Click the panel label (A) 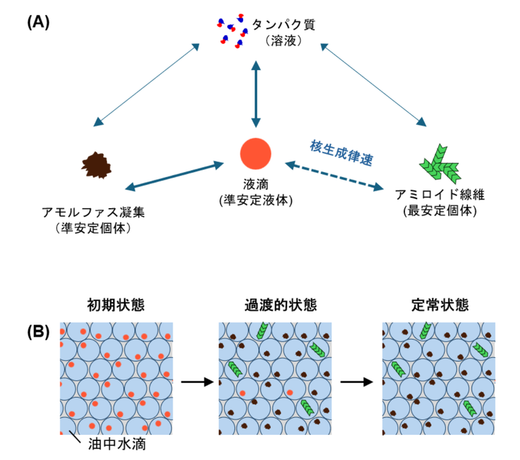click(x=39, y=22)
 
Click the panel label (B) click(x=39, y=332)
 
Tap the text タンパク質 click(x=284, y=24)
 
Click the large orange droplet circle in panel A click(x=256, y=154)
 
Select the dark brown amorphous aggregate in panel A click(x=97, y=165)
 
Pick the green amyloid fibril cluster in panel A click(x=440, y=164)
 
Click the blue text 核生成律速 click(x=341, y=152)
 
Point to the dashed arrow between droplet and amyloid click(x=334, y=176)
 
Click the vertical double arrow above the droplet click(x=256, y=94)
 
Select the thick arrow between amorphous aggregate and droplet click(x=175, y=176)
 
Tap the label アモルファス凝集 click(x=93, y=212)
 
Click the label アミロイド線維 click(x=440, y=194)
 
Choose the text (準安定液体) click(x=256, y=201)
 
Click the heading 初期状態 click(x=116, y=305)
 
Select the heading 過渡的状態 click(x=281, y=305)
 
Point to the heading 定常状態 click(x=440, y=305)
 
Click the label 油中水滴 click(x=117, y=444)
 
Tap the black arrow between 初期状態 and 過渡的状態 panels click(x=198, y=381)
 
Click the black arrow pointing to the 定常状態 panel click(x=357, y=381)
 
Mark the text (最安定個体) click(x=440, y=211)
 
